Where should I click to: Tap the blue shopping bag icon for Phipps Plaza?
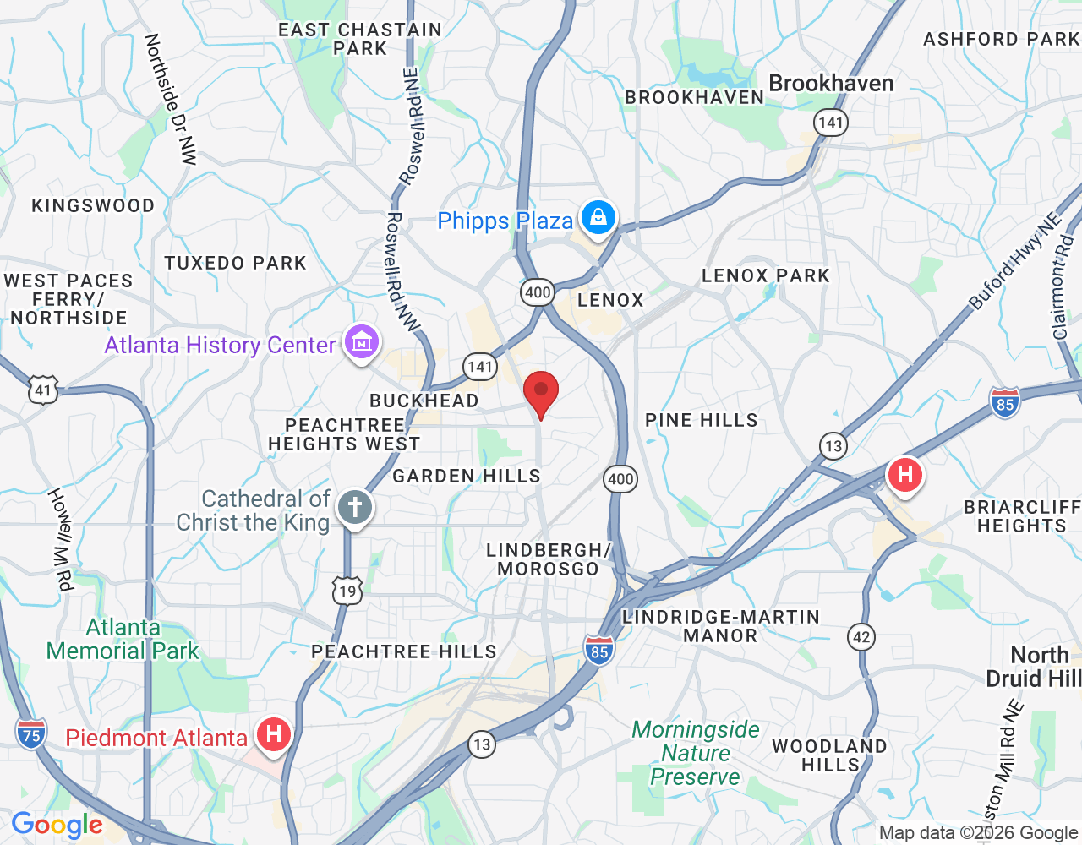point(598,218)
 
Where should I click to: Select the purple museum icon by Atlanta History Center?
point(362,343)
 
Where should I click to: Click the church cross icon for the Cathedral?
point(355,508)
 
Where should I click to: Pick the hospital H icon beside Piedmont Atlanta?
point(273,733)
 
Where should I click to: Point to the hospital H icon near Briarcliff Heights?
point(904,475)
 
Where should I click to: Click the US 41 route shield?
point(43,390)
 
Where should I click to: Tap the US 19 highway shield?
point(347,591)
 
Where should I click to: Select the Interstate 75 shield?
point(30,733)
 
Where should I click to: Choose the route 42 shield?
point(861,637)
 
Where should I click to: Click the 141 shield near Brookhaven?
point(831,123)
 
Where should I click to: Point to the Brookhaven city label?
point(831,84)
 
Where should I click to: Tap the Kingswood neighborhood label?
point(93,206)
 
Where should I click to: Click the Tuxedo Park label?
point(235,264)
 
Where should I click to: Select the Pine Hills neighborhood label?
point(701,421)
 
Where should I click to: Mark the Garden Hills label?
point(466,477)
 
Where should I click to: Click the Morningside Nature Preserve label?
point(696,753)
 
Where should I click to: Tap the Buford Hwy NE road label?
point(1014,263)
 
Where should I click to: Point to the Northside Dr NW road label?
point(169,98)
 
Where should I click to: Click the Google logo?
point(57,825)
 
